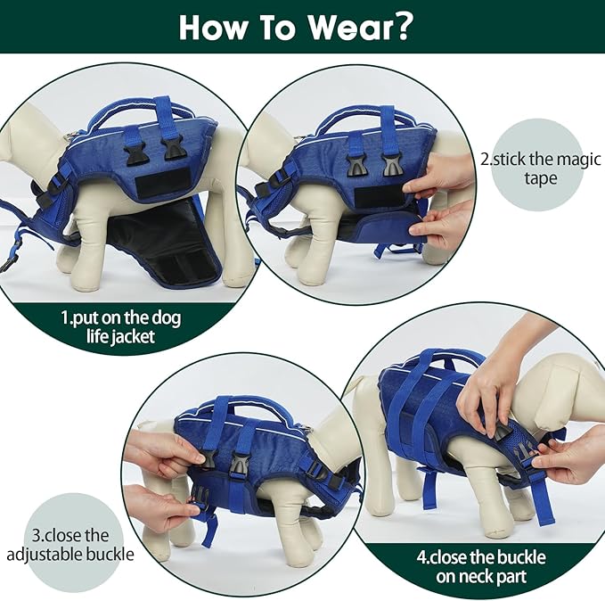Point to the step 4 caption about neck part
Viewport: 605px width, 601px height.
[481, 567]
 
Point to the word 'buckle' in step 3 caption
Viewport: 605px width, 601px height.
[110, 554]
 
